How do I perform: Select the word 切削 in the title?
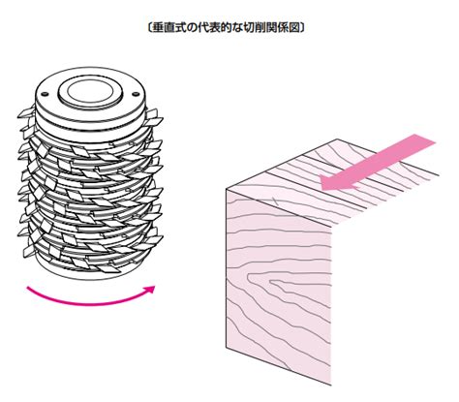pyautogui.click(x=254, y=28)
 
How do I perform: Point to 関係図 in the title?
pyautogui.click(x=285, y=28)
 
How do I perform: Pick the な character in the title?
pyautogui.click(x=236, y=28)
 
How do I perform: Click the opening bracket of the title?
pyautogui.click(x=149, y=28)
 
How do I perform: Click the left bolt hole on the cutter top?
pyautogui.click(x=45, y=94)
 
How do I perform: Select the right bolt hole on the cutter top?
pyautogui.click(x=136, y=94)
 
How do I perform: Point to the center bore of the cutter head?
pyautogui.click(x=91, y=92)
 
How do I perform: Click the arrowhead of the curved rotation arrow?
pyautogui.click(x=150, y=290)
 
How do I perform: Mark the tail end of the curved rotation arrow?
pyautogui.click(x=28, y=288)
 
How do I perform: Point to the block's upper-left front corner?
pyautogui.click(x=226, y=189)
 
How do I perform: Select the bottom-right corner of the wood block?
pyautogui.click(x=331, y=385)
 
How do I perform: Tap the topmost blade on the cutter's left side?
pyautogui.click(x=26, y=112)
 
